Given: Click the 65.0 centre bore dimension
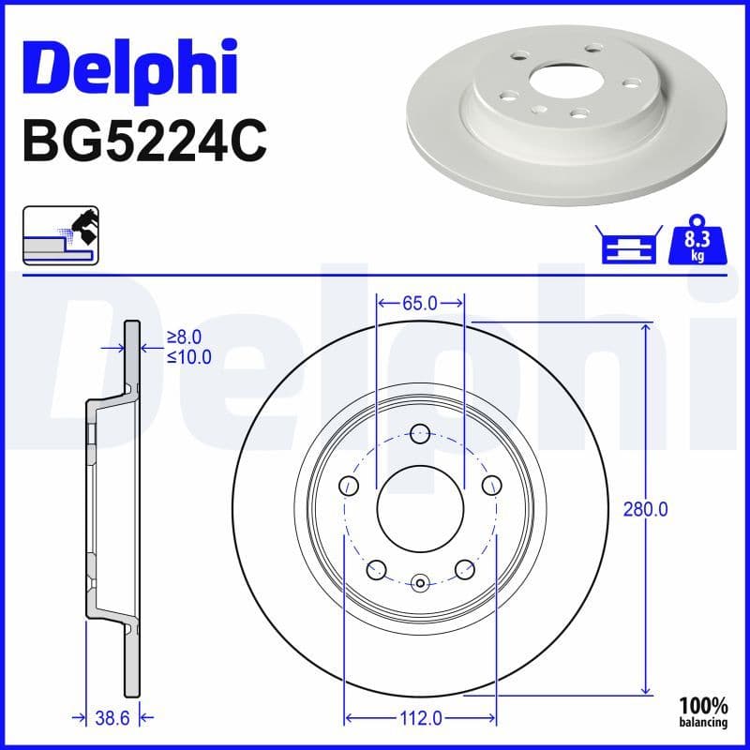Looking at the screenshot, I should click(419, 303).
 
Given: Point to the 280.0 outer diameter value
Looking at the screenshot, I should click(645, 510).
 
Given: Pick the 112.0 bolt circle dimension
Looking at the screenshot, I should click(420, 718).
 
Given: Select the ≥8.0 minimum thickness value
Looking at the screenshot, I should click(185, 337).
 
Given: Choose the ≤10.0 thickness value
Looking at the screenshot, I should click(188, 356).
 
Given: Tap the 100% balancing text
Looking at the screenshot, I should click(703, 711).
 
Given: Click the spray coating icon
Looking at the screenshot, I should click(61, 236).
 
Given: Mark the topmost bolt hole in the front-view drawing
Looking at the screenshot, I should click(420, 433).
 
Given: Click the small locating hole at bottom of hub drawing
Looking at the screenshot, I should click(420, 583).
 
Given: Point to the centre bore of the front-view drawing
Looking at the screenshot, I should click(420, 511).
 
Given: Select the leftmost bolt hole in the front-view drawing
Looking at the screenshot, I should click(348, 486).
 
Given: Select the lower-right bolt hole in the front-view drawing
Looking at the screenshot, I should click(464, 569).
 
